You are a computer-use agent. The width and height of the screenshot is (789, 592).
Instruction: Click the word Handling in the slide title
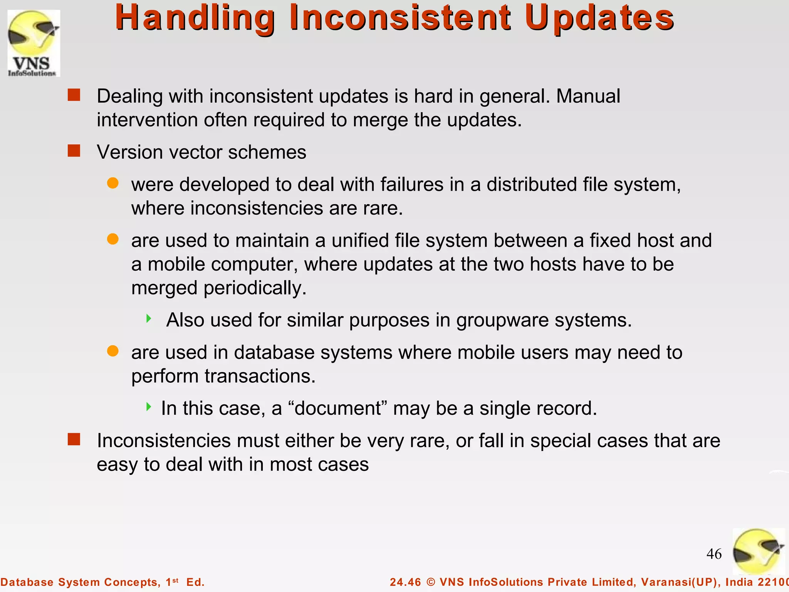195,18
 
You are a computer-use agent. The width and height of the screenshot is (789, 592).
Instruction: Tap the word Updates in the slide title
599,18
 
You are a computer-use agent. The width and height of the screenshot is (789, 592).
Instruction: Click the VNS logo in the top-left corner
34,43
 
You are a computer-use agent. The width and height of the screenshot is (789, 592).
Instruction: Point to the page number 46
714,554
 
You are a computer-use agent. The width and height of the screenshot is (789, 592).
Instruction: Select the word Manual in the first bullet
588,96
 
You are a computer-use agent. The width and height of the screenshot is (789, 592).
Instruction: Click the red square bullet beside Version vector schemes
74,151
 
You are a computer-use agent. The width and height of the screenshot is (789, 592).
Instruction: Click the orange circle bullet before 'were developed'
112,183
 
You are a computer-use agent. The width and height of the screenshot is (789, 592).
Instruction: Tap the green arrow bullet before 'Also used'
149,319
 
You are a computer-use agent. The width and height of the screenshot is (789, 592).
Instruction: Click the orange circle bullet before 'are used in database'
112,351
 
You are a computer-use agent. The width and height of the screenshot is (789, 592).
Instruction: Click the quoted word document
337,409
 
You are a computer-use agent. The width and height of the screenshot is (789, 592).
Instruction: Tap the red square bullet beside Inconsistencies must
74,439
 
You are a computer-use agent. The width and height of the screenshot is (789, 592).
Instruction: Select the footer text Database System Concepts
80,582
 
